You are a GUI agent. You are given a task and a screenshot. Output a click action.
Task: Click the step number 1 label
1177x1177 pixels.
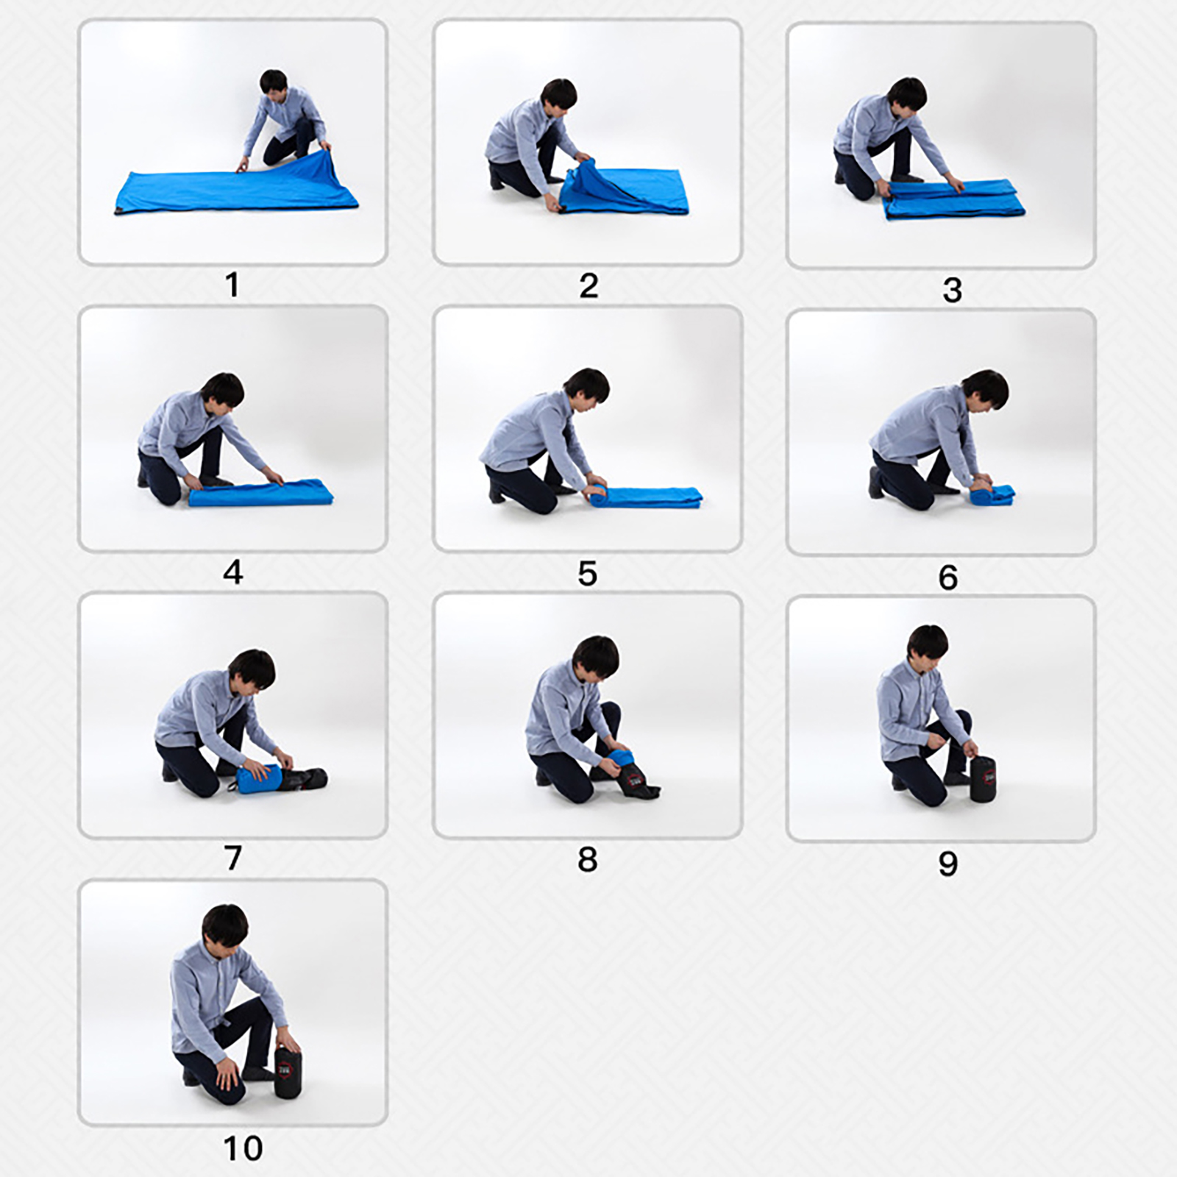[x=232, y=285]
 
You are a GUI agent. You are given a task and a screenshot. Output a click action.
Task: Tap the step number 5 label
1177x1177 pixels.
[x=587, y=573]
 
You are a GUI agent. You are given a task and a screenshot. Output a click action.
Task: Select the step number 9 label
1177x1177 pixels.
[x=948, y=864]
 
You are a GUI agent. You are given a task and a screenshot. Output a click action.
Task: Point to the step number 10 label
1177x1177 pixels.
[x=243, y=1148]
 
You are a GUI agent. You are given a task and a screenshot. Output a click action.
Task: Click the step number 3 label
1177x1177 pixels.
[x=952, y=290]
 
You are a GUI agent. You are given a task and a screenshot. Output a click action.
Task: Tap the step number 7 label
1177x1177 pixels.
[x=233, y=857]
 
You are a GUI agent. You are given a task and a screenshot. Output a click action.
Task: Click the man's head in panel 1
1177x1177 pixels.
[x=273, y=86]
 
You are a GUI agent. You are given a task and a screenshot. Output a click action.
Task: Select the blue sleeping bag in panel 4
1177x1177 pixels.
[x=260, y=492]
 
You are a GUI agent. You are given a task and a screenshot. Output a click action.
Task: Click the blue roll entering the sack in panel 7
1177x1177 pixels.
[x=260, y=778]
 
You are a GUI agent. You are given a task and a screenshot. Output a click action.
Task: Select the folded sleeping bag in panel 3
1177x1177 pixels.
[x=954, y=199]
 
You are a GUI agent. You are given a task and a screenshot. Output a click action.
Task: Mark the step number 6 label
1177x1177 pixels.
[x=948, y=577]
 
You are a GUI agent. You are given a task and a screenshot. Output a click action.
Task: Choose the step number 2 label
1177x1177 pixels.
[x=588, y=285]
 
